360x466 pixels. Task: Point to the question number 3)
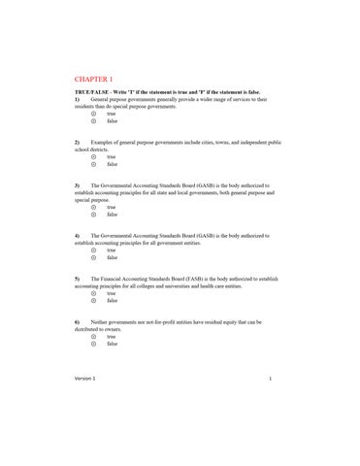[77, 184]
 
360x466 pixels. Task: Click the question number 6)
[77, 320]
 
